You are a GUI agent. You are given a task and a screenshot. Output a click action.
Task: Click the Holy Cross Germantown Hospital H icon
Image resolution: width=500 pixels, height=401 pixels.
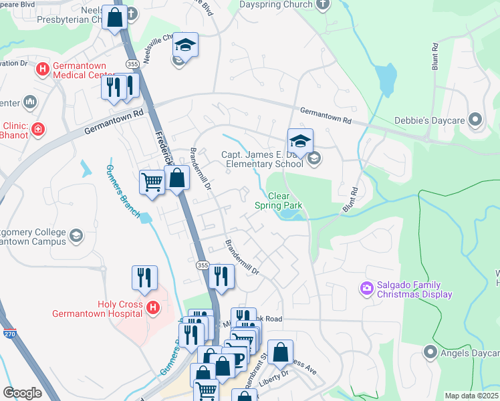coord(153,308)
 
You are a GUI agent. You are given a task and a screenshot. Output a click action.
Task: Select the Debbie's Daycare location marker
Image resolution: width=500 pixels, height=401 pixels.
coord(475,120)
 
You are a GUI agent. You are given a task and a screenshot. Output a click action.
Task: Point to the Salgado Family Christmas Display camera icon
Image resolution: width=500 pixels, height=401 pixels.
coord(366,289)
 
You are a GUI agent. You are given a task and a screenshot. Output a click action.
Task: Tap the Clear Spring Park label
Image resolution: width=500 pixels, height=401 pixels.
coord(278,201)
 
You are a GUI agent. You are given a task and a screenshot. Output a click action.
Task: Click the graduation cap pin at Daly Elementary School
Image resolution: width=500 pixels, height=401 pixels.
coord(300,140)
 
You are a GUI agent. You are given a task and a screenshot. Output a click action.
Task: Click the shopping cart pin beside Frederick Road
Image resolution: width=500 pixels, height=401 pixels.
coord(152,181)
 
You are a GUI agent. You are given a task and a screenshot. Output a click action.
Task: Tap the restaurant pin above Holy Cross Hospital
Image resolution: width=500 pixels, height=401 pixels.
coord(144,277)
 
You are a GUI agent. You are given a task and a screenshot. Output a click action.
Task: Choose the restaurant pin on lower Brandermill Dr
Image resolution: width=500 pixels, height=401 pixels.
coord(220,276)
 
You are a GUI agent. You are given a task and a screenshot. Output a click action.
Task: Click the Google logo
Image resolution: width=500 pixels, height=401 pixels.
coord(23,393)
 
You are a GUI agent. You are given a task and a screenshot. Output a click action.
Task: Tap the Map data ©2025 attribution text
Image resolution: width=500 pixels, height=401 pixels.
coord(471,396)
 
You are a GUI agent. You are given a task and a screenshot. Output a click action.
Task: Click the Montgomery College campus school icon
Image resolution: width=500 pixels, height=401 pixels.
coord(76,235)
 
